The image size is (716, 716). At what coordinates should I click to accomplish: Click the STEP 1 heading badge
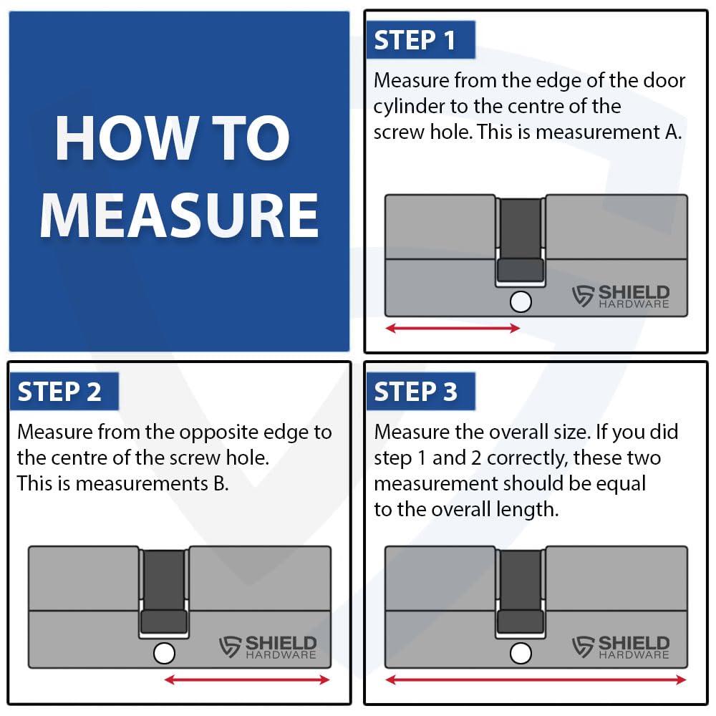420,39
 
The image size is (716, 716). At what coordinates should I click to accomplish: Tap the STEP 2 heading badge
64,392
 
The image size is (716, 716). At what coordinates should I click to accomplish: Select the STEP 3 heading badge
420,392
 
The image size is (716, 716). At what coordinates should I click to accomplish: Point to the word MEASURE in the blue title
179,216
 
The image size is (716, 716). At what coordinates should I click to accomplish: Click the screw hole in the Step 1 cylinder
521,302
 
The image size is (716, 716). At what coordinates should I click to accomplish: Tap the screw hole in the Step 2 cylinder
165,654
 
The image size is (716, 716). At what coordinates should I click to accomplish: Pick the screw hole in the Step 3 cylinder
521,654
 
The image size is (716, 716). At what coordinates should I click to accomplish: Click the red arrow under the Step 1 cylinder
453,328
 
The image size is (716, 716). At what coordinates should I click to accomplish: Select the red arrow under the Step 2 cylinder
247,680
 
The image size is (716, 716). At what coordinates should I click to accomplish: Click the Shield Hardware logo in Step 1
621,296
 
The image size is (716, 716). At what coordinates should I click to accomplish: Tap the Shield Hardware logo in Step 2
268,647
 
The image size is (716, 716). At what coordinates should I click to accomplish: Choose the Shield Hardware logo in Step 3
621,647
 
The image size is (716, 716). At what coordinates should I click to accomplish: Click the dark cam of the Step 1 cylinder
521,240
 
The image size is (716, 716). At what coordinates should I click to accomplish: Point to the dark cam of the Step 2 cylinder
164,591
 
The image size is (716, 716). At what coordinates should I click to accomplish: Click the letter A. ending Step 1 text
673,132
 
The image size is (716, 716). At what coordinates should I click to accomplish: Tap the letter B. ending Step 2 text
221,484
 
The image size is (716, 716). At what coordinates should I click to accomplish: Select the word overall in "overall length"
460,510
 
